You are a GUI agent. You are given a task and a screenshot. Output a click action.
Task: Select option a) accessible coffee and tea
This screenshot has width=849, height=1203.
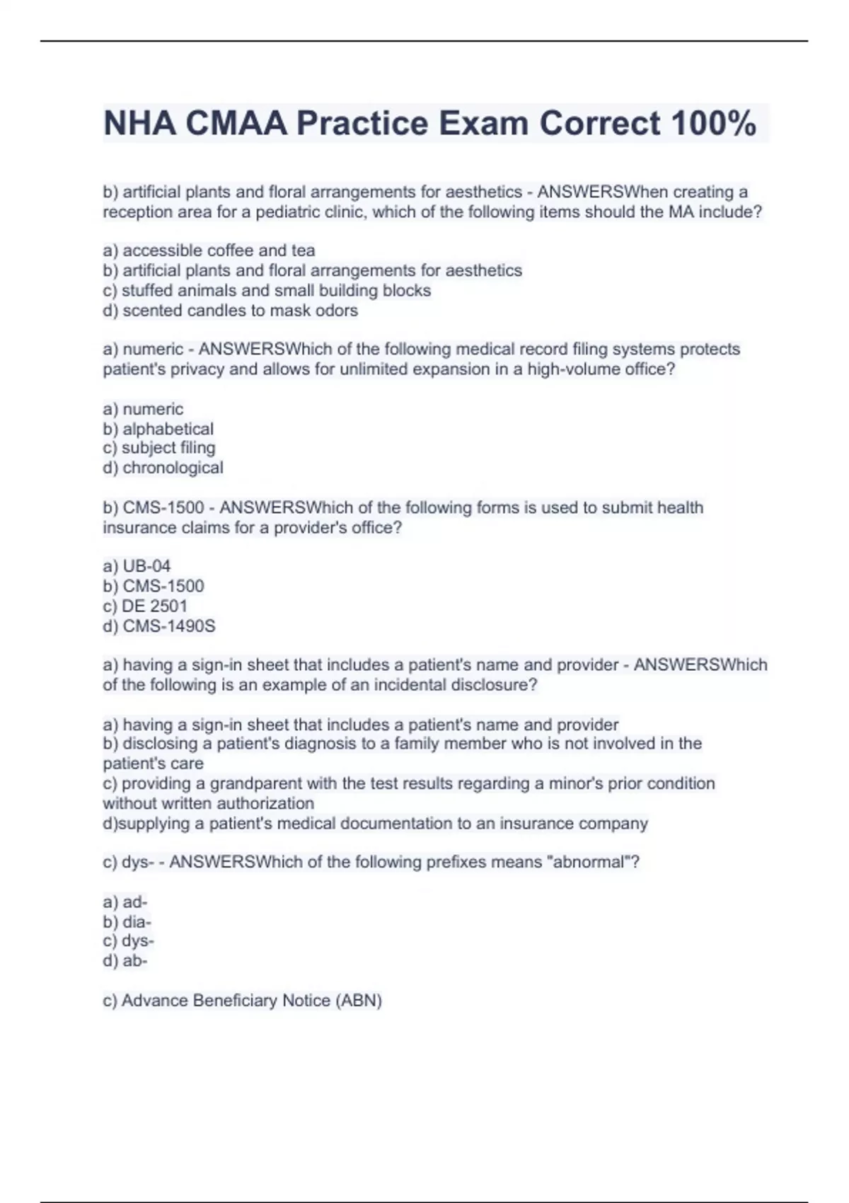pyautogui.click(x=209, y=251)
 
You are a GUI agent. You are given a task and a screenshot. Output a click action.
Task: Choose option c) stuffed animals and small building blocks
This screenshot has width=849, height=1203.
pyautogui.click(x=267, y=291)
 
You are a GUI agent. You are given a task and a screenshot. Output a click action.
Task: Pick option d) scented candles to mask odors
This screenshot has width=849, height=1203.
pyautogui.click(x=230, y=311)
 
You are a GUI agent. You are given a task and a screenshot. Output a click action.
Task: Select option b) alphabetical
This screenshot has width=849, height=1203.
pyautogui.click(x=158, y=429)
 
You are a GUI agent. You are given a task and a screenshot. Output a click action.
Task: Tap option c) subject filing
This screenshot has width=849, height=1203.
pyautogui.click(x=159, y=448)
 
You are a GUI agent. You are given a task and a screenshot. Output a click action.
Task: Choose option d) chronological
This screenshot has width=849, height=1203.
pyautogui.click(x=163, y=468)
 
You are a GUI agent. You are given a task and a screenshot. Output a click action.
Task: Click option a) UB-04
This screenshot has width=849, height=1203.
pyautogui.click(x=137, y=566)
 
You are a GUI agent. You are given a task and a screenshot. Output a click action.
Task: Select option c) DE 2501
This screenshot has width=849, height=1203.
pyautogui.click(x=145, y=606)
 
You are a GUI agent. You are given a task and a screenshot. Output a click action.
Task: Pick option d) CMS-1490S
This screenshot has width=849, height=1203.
pyautogui.click(x=159, y=626)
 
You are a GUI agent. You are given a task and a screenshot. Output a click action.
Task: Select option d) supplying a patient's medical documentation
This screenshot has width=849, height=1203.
pyautogui.click(x=375, y=824)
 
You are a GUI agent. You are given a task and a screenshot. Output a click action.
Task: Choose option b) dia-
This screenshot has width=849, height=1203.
pyautogui.click(x=127, y=922)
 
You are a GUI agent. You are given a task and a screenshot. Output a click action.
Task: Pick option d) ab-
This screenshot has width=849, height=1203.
pyautogui.click(x=125, y=961)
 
